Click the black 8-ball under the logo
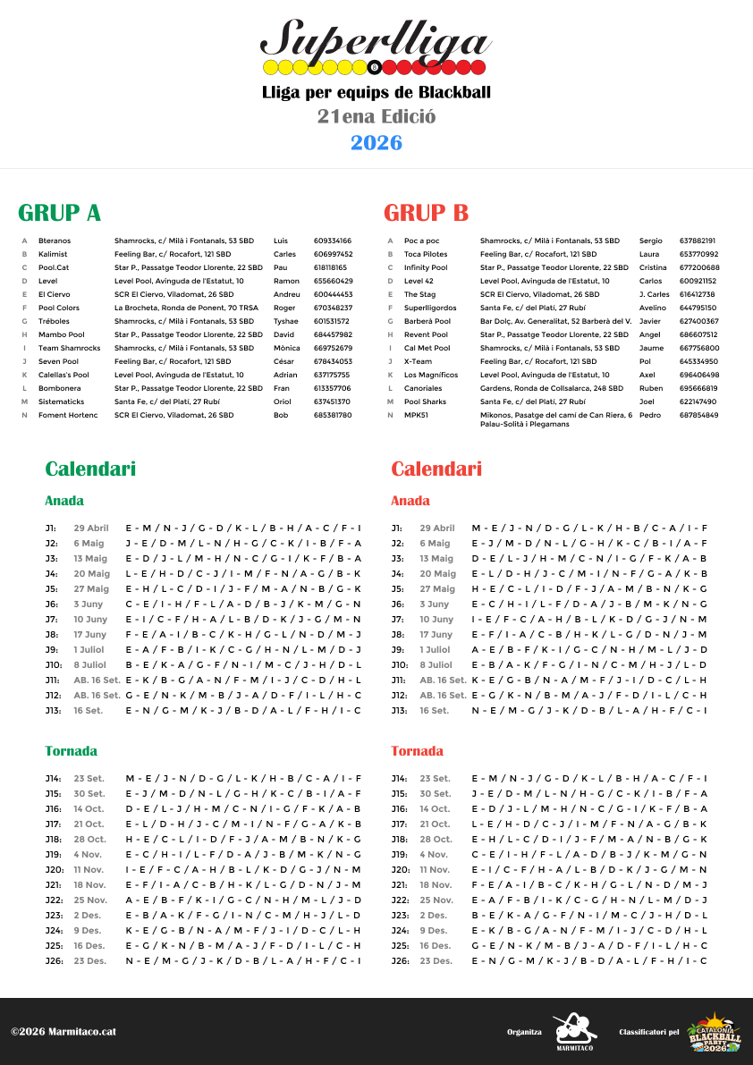pos(375,67)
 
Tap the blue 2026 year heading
pos(376,143)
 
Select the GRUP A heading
pos(60,213)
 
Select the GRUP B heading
pos(426,213)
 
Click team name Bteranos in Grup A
pos(55,241)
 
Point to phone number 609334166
pos(333,241)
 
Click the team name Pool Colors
pos(59,308)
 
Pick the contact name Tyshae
pos(286,321)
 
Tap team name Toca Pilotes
pos(426,254)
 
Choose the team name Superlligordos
pos(430,308)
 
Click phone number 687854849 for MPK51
pos(698,415)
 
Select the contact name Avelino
pos(653,308)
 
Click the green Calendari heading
pos(90,469)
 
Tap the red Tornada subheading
pos(417,751)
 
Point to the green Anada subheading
pos(64,501)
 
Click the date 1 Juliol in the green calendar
pos(90,650)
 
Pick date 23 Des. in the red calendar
pos(436,961)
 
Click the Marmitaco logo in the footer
pos(574,1032)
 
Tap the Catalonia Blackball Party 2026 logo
pos(714,1032)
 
